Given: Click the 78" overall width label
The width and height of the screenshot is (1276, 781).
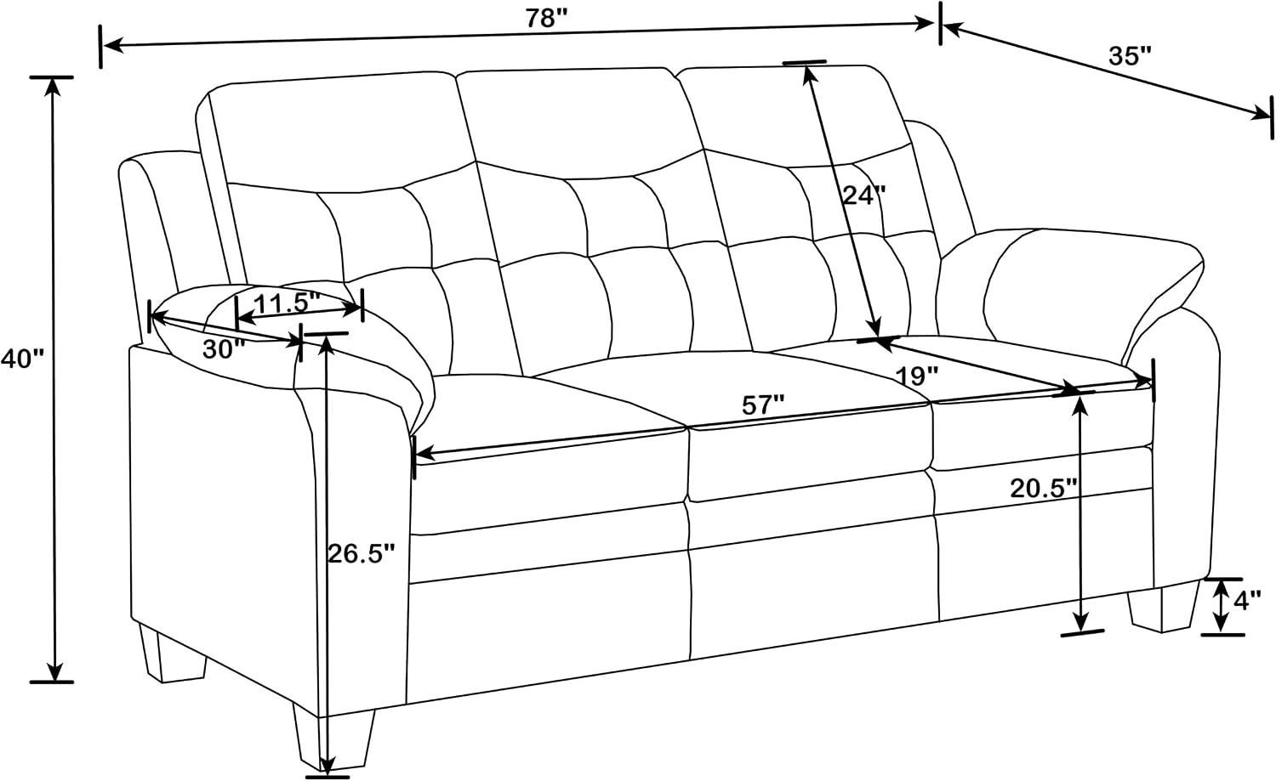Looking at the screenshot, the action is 547,19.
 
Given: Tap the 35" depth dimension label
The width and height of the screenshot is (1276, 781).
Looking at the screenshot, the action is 1131,56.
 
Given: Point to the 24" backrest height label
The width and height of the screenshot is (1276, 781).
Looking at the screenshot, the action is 864,195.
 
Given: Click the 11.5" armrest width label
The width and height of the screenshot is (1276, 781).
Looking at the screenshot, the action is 288,303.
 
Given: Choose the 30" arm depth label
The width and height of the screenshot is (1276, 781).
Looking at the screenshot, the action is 224,349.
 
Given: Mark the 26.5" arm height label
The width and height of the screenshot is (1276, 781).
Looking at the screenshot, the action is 361,552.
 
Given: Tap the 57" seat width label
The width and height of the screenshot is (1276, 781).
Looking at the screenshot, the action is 763,405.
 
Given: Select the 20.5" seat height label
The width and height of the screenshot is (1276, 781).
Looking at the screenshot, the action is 1045,489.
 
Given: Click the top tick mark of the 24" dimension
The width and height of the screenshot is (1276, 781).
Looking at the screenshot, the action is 804,62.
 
